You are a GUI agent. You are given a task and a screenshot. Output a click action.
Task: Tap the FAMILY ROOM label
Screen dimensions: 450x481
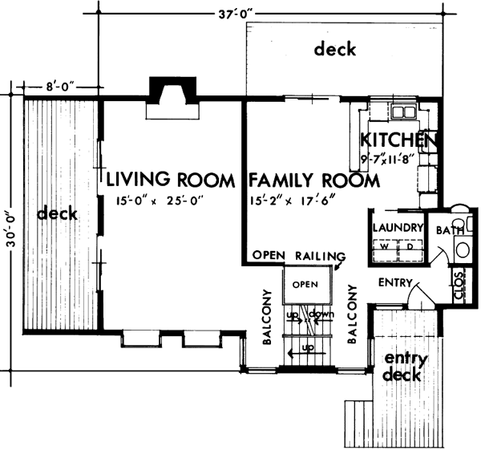(x=313, y=180)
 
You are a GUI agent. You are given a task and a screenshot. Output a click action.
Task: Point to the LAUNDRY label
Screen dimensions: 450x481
(x=396, y=228)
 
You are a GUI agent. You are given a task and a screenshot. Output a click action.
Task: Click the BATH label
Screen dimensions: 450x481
(x=446, y=231)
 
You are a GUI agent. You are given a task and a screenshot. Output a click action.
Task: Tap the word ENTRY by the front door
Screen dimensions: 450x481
(x=394, y=282)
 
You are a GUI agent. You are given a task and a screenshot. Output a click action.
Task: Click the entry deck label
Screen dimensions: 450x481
(x=406, y=366)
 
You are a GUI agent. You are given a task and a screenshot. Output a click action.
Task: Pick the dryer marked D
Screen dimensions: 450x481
(x=410, y=248)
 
